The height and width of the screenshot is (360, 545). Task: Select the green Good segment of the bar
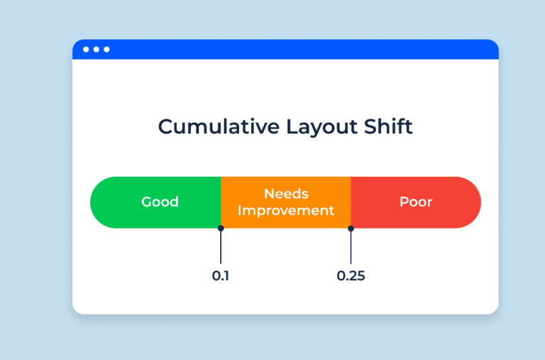(128, 202)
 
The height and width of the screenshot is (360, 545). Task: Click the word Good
(160, 202)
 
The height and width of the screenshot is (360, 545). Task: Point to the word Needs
(285, 193)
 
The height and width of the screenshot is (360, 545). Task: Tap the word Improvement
(285, 211)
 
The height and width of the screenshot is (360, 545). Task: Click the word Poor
(416, 202)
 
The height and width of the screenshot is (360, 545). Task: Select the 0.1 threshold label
(221, 276)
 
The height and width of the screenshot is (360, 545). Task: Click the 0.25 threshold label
(351, 276)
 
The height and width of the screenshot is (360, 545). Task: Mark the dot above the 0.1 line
(221, 228)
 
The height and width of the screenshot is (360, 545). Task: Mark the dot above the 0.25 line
(351, 228)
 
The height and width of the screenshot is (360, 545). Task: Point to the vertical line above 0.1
(221, 247)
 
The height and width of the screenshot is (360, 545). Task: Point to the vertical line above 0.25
(351, 247)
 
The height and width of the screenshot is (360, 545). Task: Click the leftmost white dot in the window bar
(86, 49)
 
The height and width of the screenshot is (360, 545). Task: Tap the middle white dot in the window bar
(97, 49)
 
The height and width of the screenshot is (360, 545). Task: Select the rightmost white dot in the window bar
(106, 49)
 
